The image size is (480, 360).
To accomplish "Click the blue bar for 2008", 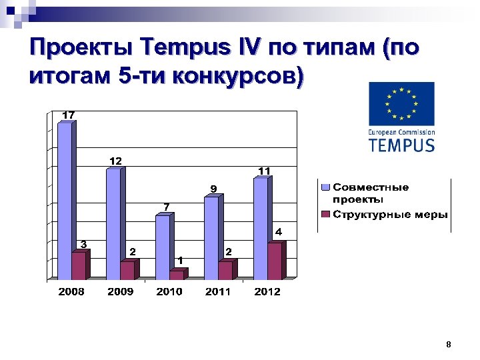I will tap(65, 200).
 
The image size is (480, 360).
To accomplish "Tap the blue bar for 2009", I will tap(114, 223).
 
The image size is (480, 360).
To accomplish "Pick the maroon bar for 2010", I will tap(176, 274).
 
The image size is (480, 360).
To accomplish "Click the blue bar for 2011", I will tap(211, 237).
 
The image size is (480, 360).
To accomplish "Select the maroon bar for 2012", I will tap(274, 261).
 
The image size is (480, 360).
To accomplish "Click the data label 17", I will tap(68, 115).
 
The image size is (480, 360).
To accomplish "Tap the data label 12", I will tap(115, 161).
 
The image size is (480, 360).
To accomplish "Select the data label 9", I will tap(213, 189).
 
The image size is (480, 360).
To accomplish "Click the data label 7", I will tap(167, 207).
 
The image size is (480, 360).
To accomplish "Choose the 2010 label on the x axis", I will tap(169, 291).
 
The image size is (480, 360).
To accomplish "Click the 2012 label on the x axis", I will tap(267, 291).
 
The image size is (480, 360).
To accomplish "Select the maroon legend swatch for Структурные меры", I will tap(326, 214).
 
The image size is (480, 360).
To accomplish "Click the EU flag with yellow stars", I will tap(401, 104).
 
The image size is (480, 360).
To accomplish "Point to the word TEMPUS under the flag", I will tap(401, 145).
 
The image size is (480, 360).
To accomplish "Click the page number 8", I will tap(449, 345).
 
